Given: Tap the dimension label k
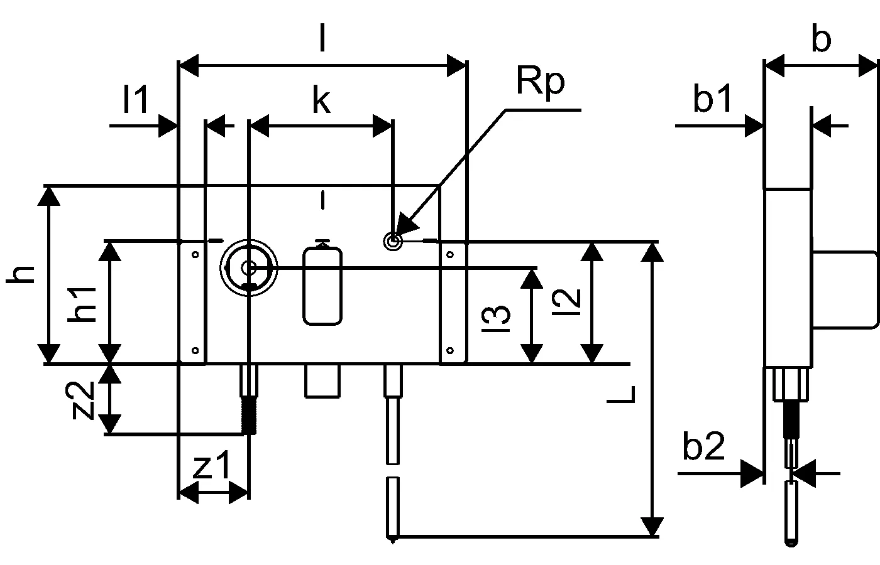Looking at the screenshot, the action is coord(321,100).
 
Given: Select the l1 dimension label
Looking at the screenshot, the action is coord(136,100).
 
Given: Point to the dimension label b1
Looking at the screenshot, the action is coord(713,98).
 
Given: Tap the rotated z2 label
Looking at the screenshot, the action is coord(80,400).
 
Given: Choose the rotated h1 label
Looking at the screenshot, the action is coord(82,305).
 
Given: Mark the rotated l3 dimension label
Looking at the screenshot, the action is coord(496,318).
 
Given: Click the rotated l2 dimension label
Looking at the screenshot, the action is coord(566,302).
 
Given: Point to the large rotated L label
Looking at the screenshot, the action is coord(621,394).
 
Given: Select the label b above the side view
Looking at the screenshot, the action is coord(821,39).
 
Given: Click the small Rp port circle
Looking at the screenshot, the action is coord(393,241).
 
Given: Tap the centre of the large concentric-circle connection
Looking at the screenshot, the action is coord(248,268).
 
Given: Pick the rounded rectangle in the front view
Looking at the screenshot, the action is coord(322,286).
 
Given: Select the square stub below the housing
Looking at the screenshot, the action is coord(322,381).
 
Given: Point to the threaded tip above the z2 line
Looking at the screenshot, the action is coord(249,416).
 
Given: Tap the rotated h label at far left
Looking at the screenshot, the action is coord(20,274).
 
